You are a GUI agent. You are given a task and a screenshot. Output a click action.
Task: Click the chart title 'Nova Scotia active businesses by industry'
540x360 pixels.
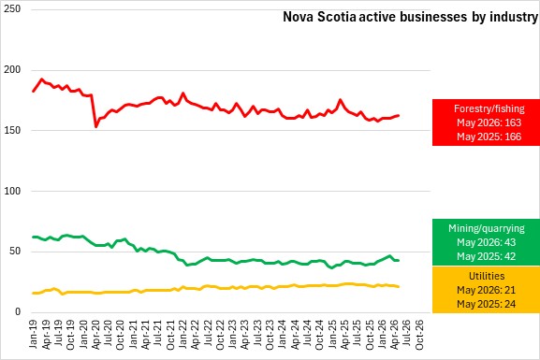[410, 17]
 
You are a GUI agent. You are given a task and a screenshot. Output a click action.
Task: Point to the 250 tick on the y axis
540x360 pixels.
[12, 9]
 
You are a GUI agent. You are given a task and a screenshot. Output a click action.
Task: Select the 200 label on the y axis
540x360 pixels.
[12, 70]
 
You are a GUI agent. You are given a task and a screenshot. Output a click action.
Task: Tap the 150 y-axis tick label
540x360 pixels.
[12, 130]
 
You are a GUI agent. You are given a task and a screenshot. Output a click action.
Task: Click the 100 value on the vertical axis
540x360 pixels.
[12, 191]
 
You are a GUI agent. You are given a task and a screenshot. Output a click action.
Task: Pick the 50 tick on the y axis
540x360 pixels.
[15, 252]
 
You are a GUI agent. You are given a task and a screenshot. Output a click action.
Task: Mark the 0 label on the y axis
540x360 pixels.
[18, 311]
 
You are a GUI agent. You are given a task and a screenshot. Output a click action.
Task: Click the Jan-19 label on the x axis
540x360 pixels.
[34, 334]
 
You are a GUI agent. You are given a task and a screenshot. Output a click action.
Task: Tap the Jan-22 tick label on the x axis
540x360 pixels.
[182, 334]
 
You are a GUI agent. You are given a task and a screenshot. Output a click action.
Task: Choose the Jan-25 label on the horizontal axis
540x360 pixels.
[332, 334]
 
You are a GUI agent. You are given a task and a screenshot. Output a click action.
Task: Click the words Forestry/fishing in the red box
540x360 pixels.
[489, 108]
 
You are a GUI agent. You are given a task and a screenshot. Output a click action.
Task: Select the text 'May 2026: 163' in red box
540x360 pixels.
[489, 122]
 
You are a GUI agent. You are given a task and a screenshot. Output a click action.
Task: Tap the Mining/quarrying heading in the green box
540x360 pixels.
[487, 228]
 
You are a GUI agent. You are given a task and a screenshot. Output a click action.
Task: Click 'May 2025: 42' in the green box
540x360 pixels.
[487, 256]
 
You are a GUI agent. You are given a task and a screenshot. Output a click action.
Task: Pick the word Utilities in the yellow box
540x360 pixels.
[487, 276]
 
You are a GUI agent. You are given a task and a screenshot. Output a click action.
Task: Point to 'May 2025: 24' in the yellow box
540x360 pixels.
[487, 304]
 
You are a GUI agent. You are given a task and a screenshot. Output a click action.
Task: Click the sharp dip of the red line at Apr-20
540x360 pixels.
[95, 126]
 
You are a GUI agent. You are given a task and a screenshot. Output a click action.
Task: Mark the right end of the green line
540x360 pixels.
[399, 260]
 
